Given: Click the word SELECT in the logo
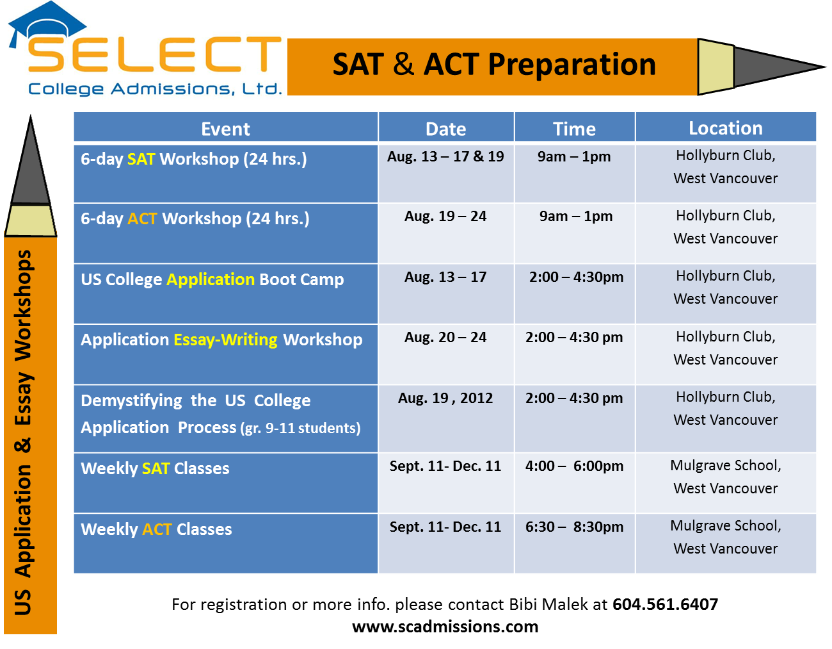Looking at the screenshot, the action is click(154, 54).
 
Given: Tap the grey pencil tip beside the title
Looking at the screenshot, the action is click(777, 67).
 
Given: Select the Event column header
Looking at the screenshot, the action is click(225, 129).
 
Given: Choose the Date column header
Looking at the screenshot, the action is click(445, 129).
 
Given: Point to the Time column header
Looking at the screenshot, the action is click(574, 129).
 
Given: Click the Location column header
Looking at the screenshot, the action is click(726, 128).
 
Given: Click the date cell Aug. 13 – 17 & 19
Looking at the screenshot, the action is click(445, 156).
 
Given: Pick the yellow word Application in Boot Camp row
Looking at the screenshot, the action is click(211, 280).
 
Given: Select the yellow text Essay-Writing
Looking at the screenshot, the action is click(225, 340).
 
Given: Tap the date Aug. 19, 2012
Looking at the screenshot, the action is click(445, 398).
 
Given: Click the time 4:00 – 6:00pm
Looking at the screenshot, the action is click(574, 466).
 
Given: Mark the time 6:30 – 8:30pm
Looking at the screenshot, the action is click(574, 527).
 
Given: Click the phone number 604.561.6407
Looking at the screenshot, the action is click(665, 604).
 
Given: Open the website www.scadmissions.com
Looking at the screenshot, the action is click(445, 627).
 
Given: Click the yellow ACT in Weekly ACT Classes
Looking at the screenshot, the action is click(157, 529).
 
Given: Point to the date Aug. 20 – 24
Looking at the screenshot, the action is click(445, 337).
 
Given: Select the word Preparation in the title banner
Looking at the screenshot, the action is click(572, 65).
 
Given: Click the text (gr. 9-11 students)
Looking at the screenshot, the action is click(301, 429).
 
